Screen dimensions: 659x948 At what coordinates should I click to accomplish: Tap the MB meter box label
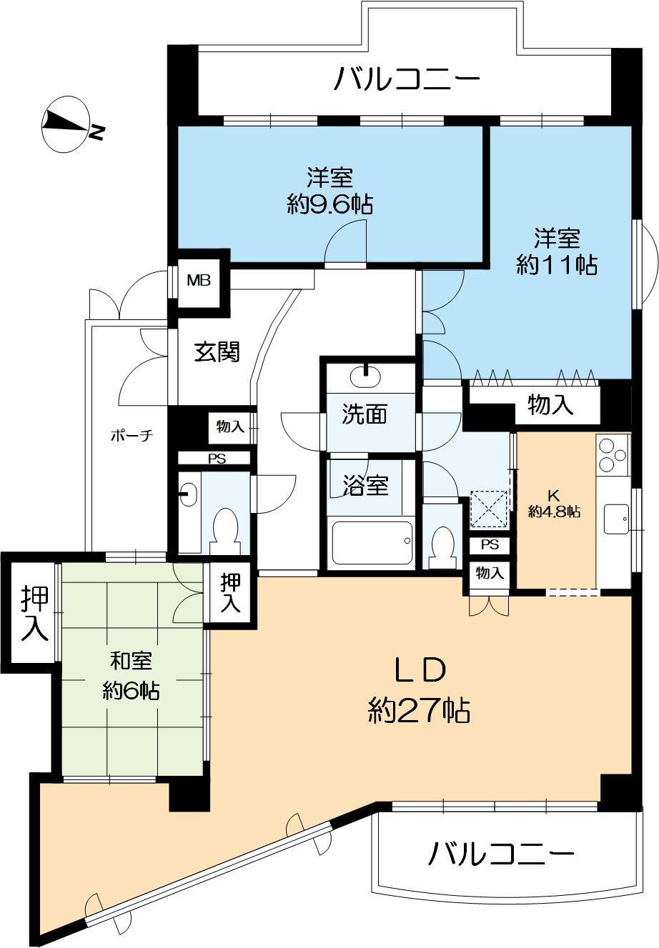[x=199, y=281]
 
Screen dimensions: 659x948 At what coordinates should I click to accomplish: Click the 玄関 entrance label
[x=217, y=351]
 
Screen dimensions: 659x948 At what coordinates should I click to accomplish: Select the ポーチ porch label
[x=132, y=436]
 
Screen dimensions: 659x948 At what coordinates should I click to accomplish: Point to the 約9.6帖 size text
[x=330, y=206]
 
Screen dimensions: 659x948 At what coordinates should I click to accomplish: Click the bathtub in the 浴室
[x=372, y=542]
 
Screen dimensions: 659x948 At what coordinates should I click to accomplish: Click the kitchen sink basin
[x=616, y=519]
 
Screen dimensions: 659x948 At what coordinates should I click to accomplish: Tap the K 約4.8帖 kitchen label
[x=554, y=504]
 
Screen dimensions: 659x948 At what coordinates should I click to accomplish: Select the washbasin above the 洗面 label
[x=365, y=376]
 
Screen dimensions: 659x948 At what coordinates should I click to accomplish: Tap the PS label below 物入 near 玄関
[x=217, y=459]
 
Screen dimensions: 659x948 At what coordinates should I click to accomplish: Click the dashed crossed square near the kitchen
[x=488, y=509]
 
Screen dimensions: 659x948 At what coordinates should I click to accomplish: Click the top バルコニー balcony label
[x=407, y=79]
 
